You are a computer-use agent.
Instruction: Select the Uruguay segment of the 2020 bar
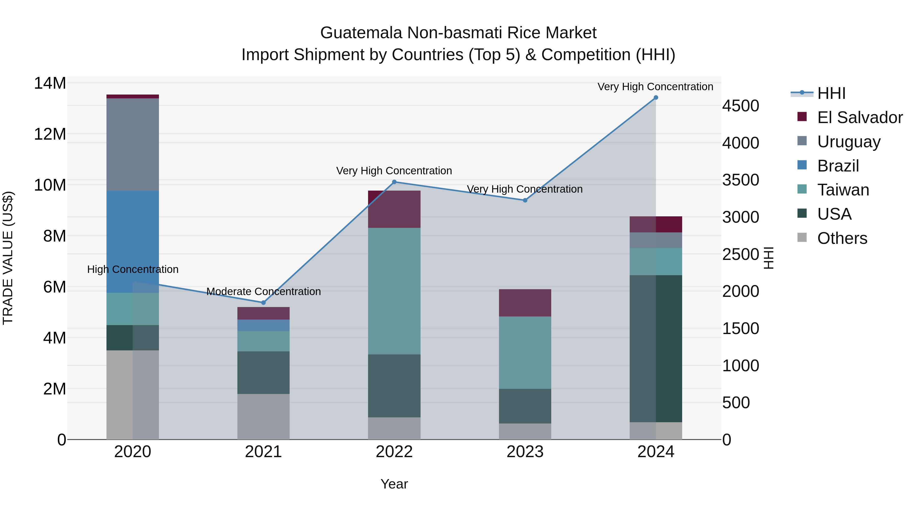click(132, 144)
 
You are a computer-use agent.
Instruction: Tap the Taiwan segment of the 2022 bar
click(394, 291)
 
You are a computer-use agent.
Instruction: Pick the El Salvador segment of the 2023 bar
click(525, 303)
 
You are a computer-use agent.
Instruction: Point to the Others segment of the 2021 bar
click(263, 416)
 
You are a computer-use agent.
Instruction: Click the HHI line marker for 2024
click(656, 98)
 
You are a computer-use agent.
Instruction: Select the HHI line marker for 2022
click(394, 182)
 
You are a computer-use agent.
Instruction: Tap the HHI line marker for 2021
click(263, 303)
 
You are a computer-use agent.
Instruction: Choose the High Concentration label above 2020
click(133, 269)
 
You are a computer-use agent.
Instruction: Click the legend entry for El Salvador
click(859, 117)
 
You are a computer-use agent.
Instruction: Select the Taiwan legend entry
click(843, 190)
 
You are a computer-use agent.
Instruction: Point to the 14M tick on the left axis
click(50, 83)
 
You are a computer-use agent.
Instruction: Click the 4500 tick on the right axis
click(740, 106)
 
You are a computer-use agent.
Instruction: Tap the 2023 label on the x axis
click(525, 452)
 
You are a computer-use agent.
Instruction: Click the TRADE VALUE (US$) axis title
click(8, 257)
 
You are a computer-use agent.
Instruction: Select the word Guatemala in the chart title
click(361, 33)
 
